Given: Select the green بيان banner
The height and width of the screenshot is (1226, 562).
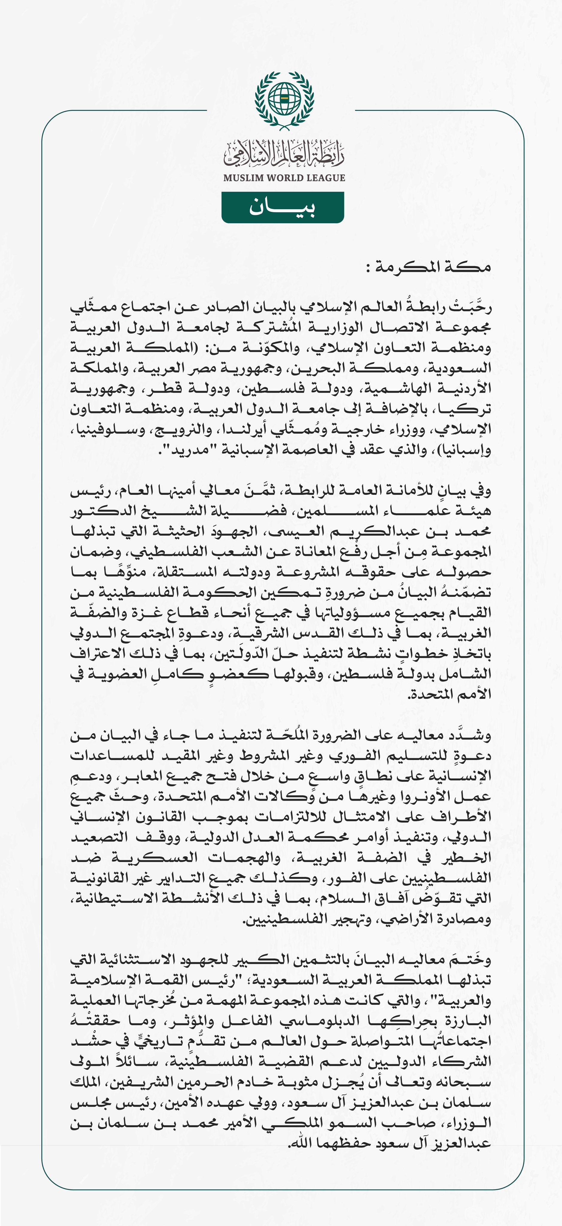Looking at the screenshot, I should click(283, 207).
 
